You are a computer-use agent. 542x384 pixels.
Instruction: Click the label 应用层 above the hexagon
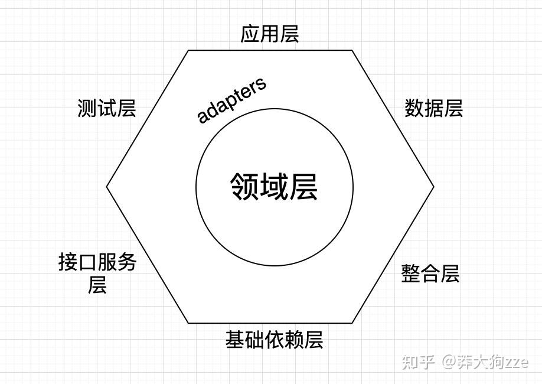tap(270, 34)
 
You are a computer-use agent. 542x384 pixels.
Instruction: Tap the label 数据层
tap(433, 109)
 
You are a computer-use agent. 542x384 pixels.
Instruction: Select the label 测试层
tap(107, 109)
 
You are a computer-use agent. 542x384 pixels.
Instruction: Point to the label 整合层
tap(430, 274)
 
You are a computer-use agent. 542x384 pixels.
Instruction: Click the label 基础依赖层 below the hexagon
tap(274, 340)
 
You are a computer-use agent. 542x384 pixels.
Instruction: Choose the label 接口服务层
tap(97, 273)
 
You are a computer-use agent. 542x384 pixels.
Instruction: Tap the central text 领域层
tap(274, 187)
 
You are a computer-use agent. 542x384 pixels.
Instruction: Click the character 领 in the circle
tap(244, 187)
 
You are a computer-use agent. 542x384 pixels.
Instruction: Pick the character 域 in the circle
tap(274, 187)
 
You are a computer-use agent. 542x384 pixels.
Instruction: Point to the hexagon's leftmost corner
tap(107, 187)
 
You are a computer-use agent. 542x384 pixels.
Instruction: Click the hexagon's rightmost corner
tap(434, 187)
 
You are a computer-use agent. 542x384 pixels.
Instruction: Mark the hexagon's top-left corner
tap(188, 51)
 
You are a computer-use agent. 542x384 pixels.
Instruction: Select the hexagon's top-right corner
tap(352, 51)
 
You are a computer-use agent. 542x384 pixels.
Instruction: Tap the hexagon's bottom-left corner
tap(188, 323)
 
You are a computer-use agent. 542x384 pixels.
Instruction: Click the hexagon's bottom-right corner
tap(352, 323)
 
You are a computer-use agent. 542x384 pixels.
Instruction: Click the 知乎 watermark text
tap(418, 362)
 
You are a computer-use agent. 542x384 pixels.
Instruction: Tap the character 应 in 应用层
tap(250, 34)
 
